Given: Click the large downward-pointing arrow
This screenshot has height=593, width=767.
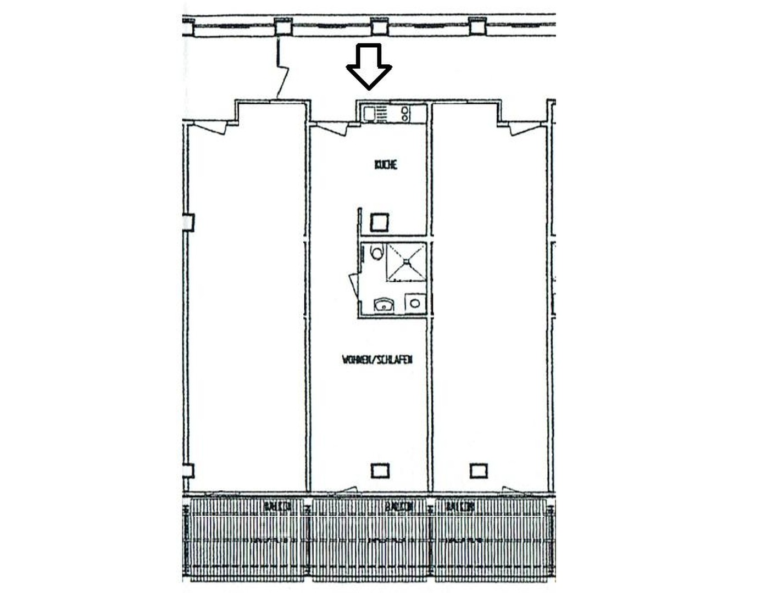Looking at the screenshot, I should [369, 66].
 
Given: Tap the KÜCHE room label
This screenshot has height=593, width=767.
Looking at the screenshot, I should [386, 165].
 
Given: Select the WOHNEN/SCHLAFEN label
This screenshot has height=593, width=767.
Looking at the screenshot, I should [377, 360].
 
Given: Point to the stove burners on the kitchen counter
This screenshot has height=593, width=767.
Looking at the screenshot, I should [405, 114].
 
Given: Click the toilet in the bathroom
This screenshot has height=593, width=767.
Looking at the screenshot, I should [376, 253].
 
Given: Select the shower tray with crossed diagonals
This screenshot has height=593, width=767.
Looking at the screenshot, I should [406, 262].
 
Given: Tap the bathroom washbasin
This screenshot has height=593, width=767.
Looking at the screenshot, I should [383, 304].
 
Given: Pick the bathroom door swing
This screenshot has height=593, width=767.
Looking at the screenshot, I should [353, 286].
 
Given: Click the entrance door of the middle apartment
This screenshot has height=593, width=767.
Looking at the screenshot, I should [333, 128].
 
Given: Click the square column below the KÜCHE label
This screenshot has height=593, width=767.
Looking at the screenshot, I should [380, 222].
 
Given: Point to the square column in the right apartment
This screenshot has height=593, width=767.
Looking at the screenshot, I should [479, 471].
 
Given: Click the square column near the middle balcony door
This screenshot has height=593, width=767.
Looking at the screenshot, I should [380, 471].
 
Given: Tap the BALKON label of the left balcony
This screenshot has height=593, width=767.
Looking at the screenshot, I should [277, 506].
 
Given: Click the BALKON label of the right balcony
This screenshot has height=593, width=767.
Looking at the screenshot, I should [460, 506].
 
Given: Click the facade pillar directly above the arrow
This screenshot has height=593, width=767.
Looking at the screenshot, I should [380, 26].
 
